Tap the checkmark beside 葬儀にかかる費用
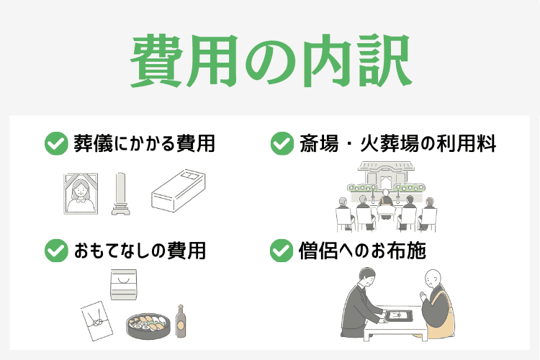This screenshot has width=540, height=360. [x=55, y=143]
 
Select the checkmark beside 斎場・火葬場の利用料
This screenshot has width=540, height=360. [x=281, y=143]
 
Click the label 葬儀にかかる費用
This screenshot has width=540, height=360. [x=144, y=143]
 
